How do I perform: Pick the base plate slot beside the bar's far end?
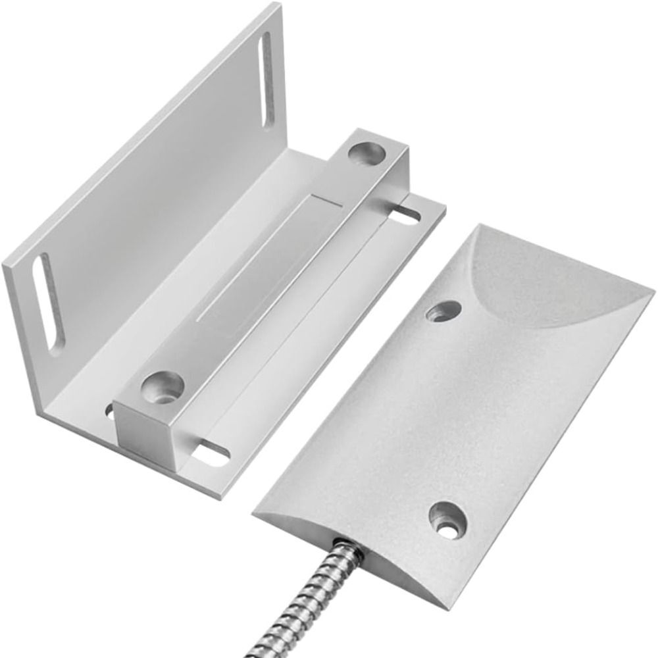point(410,215)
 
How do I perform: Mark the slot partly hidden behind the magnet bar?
point(109,413)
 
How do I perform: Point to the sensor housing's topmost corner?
point(474,225)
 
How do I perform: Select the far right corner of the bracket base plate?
point(445,209)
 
